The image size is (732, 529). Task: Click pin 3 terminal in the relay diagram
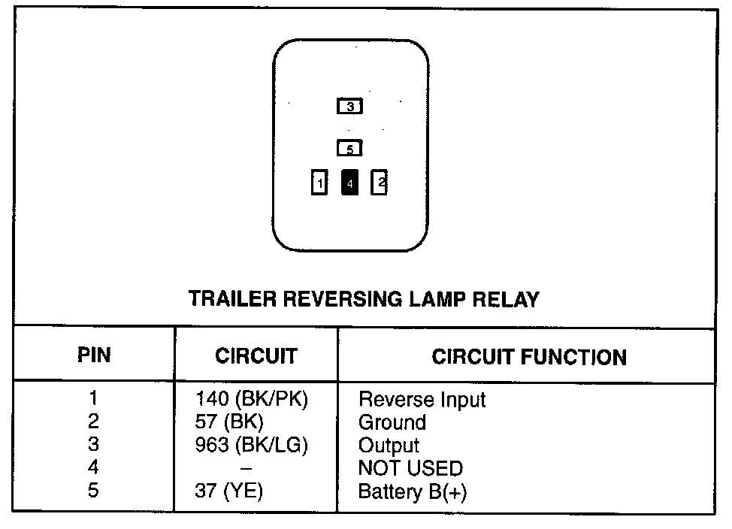click(349, 107)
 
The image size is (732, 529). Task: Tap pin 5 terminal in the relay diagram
click(349, 149)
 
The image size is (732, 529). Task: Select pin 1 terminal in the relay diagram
click(319, 183)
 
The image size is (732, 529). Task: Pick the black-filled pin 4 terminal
click(349, 183)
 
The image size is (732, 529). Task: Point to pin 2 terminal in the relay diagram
click(380, 183)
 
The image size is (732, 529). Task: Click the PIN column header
click(94, 355)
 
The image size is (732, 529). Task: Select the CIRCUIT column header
click(256, 356)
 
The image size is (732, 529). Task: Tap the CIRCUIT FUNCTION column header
click(528, 357)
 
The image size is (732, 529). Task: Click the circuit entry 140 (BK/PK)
click(252, 399)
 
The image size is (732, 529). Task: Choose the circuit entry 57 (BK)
click(229, 422)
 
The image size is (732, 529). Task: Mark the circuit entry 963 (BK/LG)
click(252, 445)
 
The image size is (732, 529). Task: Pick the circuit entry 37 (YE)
click(229, 491)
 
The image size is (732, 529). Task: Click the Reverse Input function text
click(422, 400)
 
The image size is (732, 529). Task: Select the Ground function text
click(392, 422)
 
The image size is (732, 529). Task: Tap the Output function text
click(389, 446)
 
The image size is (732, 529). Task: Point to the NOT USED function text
click(410, 469)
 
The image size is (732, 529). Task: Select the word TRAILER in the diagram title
click(226, 299)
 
